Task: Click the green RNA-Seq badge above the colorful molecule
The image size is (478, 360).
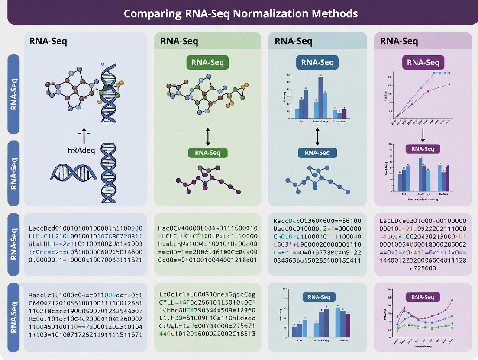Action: click(x=207, y=62)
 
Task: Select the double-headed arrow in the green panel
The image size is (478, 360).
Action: click(x=208, y=136)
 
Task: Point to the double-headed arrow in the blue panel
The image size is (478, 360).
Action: click(x=317, y=136)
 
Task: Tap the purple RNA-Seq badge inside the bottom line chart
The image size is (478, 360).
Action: click(x=423, y=297)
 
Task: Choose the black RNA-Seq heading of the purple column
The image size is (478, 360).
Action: click(x=399, y=42)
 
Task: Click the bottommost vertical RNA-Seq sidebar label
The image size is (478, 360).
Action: click(x=14, y=318)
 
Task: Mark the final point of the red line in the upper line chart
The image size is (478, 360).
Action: click(x=449, y=84)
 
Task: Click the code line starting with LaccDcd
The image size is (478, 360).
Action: click(x=85, y=228)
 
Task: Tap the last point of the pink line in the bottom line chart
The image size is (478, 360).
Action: click(x=452, y=300)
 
